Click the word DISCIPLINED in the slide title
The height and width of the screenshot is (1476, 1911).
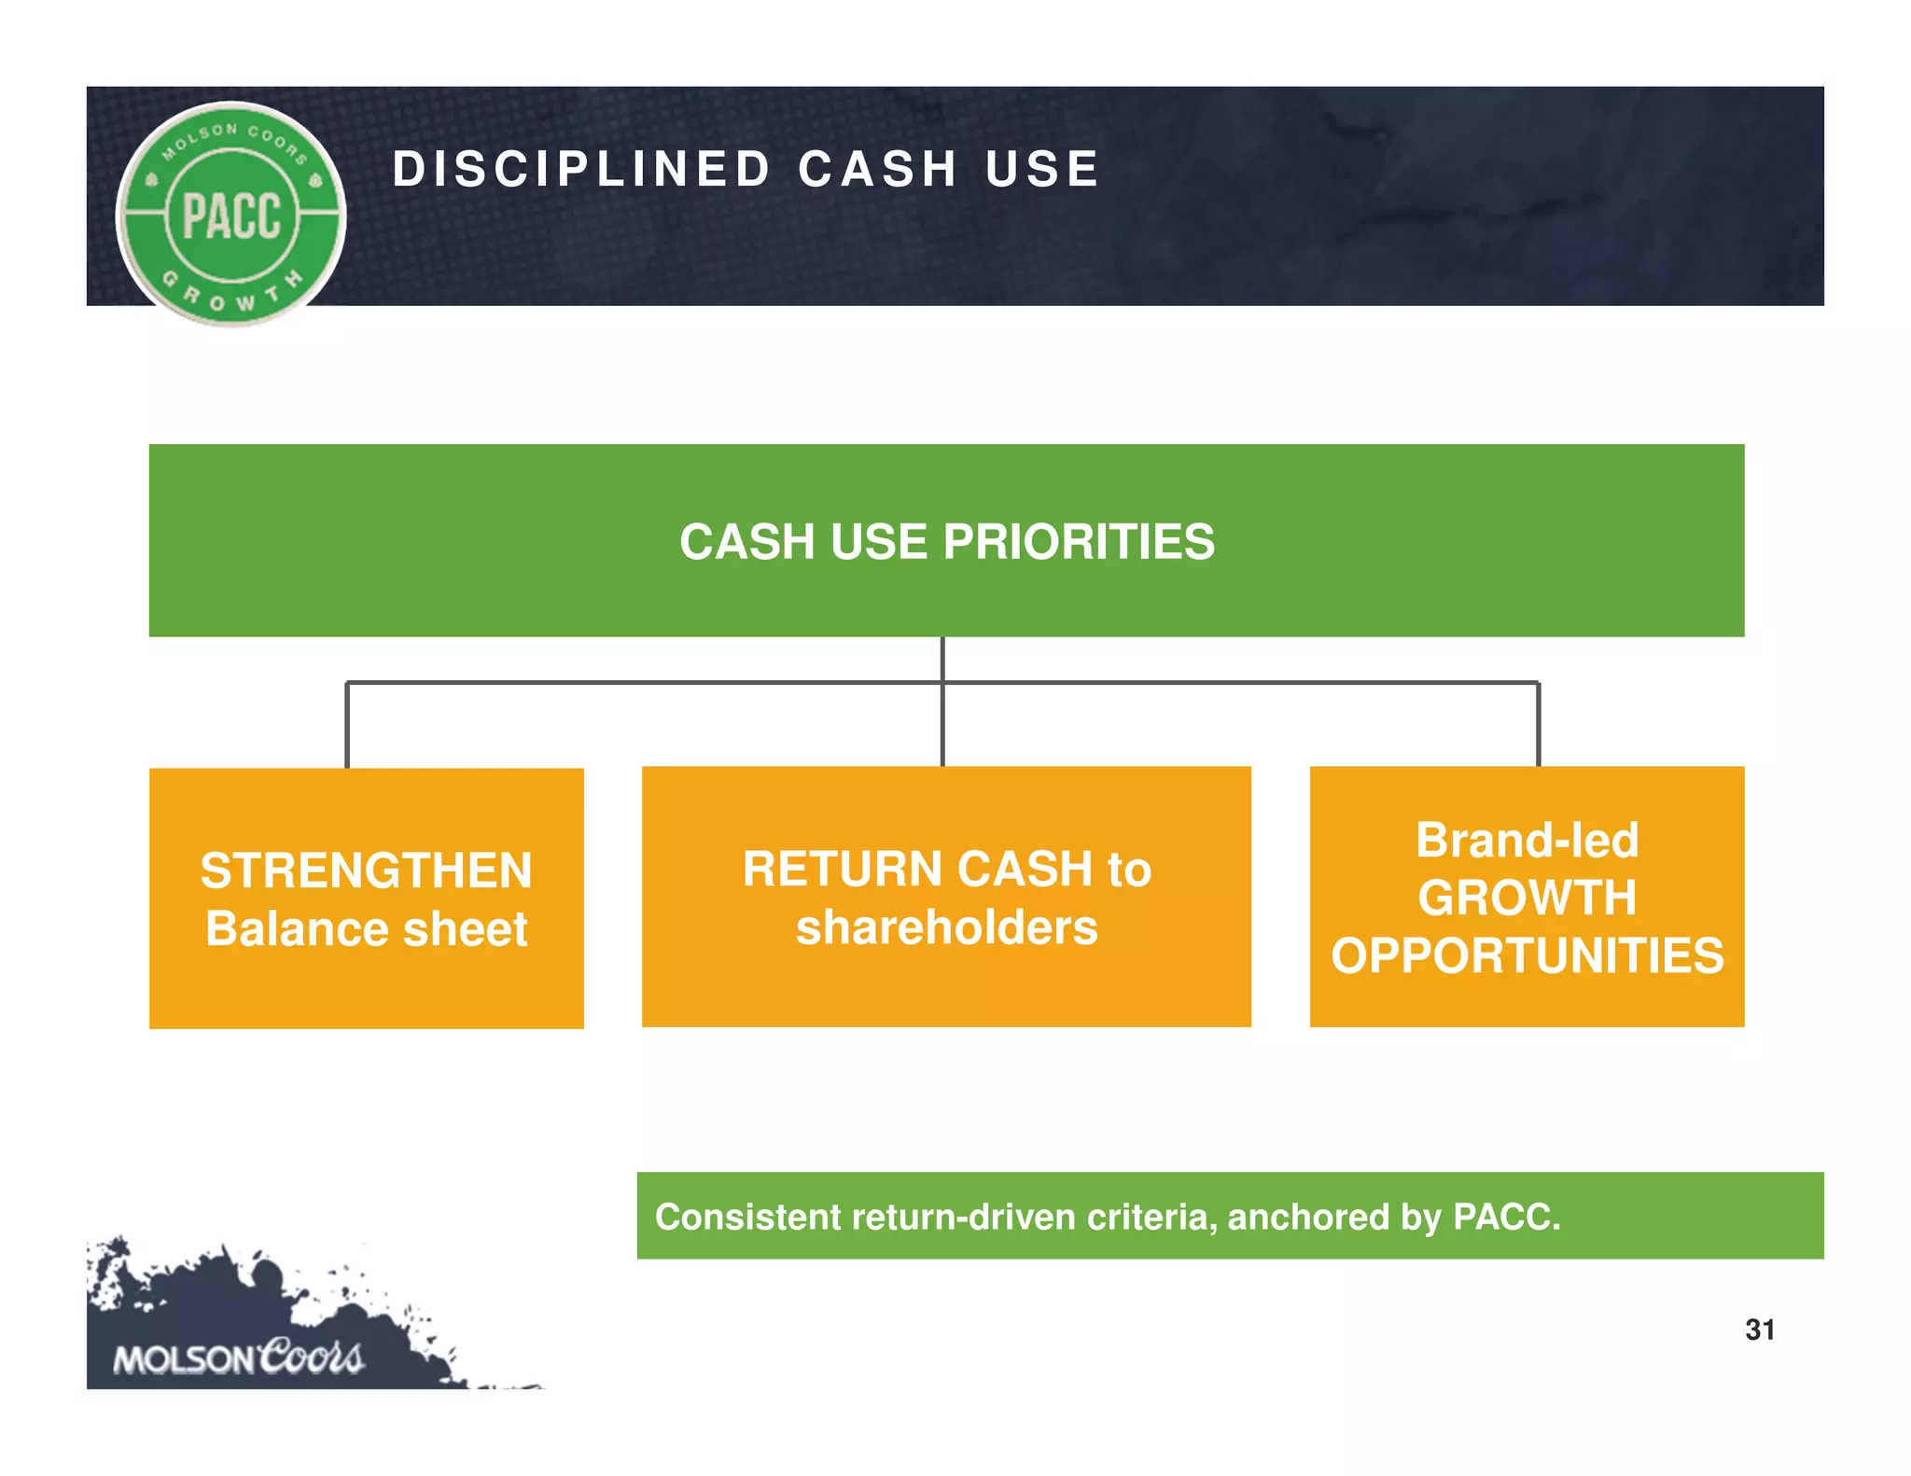tap(580, 170)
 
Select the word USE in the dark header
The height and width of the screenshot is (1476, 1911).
tap(1042, 170)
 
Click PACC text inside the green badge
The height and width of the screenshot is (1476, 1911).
tap(231, 216)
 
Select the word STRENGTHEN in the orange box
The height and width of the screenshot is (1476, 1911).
tap(366, 871)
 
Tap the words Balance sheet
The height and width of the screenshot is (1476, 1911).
tap(366, 929)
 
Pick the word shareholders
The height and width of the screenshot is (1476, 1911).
tap(946, 927)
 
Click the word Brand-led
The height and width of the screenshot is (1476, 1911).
tap(1527, 840)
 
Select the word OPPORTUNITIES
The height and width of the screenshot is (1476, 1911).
tap(1527, 956)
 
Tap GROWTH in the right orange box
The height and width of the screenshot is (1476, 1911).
tap(1527, 898)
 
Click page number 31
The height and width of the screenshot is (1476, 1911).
tap(1759, 1330)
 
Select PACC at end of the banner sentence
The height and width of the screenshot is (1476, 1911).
tap(1504, 1217)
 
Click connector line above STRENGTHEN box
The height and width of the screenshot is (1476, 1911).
tap(347, 726)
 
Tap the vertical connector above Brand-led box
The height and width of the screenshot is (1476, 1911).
tap(1538, 726)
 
